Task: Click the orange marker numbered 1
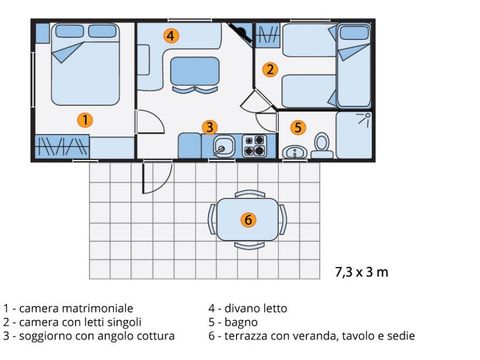click(85, 120)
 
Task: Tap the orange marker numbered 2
click(270, 70)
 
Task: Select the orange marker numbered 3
click(210, 127)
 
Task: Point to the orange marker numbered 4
click(171, 36)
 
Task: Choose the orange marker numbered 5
click(298, 127)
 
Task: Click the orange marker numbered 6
click(248, 220)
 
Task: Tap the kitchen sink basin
click(223, 146)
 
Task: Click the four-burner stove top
click(255, 145)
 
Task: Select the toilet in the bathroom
click(322, 146)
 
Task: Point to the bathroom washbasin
click(295, 152)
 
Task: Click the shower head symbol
click(364, 120)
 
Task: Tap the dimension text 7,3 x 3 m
click(362, 272)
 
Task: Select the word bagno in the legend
click(241, 322)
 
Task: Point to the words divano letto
click(256, 308)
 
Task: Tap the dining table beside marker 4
click(195, 71)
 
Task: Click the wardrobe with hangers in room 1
click(62, 147)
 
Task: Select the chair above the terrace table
click(250, 194)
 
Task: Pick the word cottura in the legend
click(155, 336)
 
